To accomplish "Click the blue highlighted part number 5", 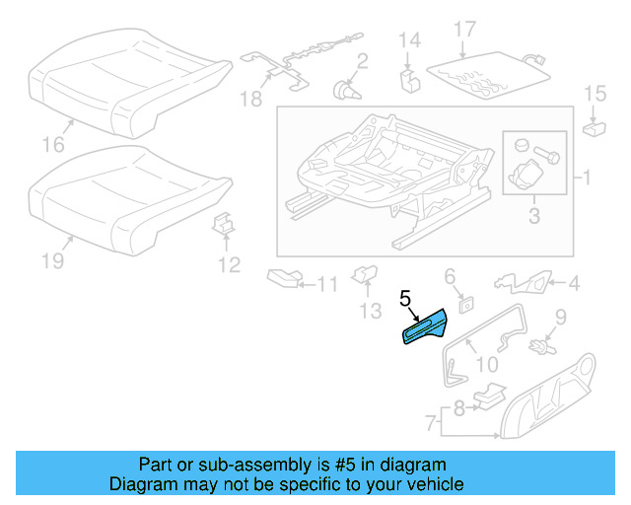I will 424,328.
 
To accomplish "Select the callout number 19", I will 52,260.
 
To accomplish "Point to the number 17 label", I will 464,29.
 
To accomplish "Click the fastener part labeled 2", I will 346,90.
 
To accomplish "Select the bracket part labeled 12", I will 226,226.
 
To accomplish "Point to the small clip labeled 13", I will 365,273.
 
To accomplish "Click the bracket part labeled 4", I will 522,283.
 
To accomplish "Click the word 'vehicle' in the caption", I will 427,484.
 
